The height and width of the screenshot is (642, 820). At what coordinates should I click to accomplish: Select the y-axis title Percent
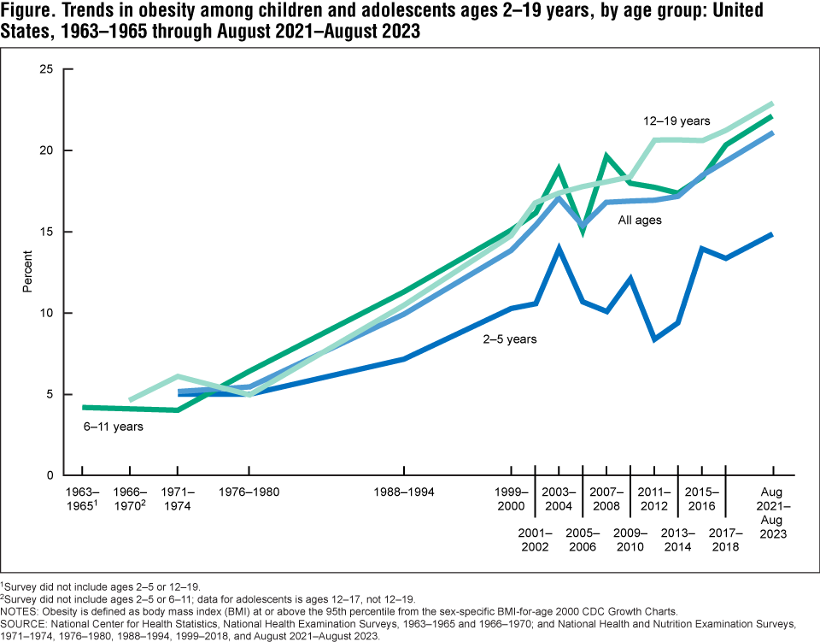27,272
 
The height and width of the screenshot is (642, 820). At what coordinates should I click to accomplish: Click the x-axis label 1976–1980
249,492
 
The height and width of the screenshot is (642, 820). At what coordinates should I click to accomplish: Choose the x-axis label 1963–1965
82,499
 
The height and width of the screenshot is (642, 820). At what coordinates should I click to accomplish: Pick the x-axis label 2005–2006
582,540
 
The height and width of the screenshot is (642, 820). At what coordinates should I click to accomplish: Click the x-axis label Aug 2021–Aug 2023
773,512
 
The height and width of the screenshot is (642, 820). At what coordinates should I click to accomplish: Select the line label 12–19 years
676,121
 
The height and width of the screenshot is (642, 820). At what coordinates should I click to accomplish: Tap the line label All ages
640,221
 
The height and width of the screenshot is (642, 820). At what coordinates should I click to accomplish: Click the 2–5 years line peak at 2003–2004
558,248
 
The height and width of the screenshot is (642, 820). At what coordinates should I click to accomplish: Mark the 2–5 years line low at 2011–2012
653,339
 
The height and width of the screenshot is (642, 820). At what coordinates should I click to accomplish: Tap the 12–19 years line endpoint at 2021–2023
772,103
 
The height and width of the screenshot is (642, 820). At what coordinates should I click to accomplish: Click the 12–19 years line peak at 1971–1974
177,376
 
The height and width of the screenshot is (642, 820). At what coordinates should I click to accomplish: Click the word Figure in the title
32,15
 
